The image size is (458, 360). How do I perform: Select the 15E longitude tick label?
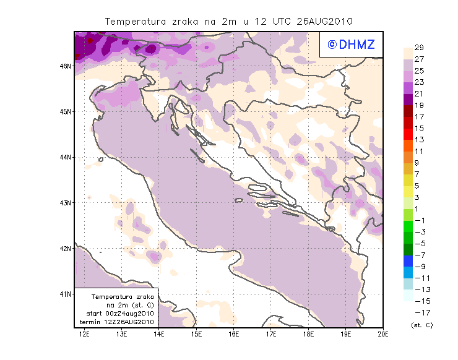coord(197,334)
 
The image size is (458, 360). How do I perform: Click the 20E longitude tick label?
coord(383,334)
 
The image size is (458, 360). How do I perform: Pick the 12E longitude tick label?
coord(85,334)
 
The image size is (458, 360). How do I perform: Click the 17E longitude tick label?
coord(271,334)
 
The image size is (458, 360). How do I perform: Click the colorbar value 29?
coord(419,48)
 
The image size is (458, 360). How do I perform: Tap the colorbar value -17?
coord(418,312)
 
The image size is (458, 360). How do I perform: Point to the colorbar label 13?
coord(419,140)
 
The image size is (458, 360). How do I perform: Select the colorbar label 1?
coord(417,209)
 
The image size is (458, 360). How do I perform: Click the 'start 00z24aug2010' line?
coord(117,314)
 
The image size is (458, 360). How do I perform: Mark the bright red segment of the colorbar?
coord(408,134)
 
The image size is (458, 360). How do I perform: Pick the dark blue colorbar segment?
coord(408,261)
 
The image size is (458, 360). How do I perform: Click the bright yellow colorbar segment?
coord(408,192)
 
